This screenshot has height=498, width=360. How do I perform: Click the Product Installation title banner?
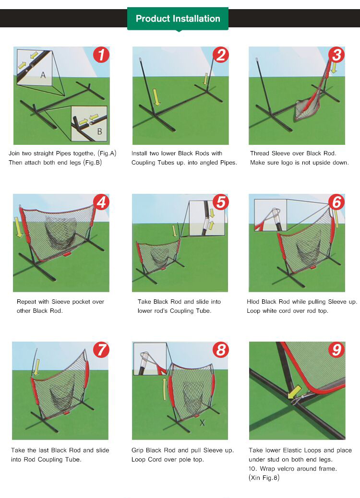pyautogui.click(x=178, y=19)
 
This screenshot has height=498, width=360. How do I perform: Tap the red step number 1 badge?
pyautogui.click(x=101, y=55)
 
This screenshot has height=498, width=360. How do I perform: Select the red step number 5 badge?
pyautogui.click(x=221, y=202)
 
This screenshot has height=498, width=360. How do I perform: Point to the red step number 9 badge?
pyautogui.click(x=337, y=350)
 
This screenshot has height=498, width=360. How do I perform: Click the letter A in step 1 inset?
pyautogui.click(x=43, y=75)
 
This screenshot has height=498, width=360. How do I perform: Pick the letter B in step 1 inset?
pyautogui.click(x=99, y=131)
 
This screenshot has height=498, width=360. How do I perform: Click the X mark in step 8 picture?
pyautogui.click(x=202, y=423)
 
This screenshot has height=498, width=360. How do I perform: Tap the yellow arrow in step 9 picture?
pyautogui.click(x=295, y=392)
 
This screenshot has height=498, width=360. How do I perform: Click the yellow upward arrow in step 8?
pyautogui.click(x=164, y=390)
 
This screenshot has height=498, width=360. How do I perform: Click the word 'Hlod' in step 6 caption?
pyautogui.click(x=253, y=301)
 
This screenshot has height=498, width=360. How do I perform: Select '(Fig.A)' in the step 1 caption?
pyautogui.click(x=107, y=154)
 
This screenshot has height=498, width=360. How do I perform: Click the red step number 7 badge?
pyautogui.click(x=101, y=350)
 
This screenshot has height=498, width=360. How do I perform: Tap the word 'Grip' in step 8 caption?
pyautogui.click(x=137, y=451)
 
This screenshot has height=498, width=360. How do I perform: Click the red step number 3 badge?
pyautogui.click(x=337, y=55)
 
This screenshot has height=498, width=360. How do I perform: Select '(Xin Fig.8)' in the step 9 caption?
pyautogui.click(x=264, y=478)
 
